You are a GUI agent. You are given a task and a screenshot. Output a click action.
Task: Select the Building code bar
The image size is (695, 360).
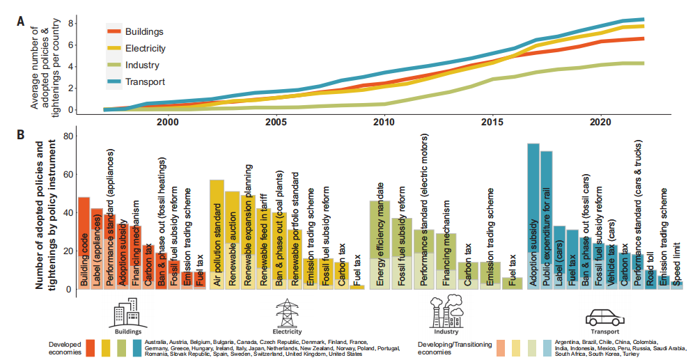(84, 243)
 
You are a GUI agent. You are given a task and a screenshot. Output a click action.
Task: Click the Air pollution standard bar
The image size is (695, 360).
(217, 234)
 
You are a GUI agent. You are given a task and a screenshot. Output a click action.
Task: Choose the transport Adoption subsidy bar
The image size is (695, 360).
(533, 216)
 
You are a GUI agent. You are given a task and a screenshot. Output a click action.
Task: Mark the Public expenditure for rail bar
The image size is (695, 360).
(547, 219)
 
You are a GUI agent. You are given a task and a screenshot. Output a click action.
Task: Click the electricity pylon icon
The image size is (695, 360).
(286, 313)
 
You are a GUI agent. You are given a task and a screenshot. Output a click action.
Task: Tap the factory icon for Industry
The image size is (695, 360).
(443, 311)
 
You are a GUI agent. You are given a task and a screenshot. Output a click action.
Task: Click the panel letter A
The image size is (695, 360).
(21, 22)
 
